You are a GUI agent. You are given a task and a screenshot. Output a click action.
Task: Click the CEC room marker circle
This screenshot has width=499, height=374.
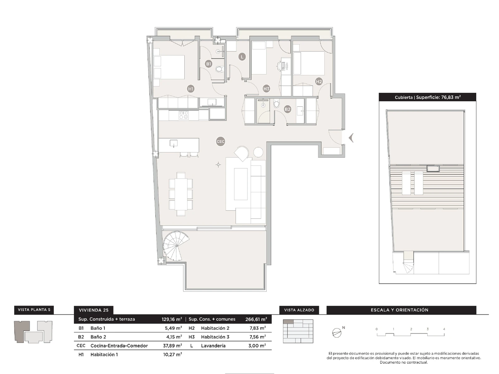click(220, 141)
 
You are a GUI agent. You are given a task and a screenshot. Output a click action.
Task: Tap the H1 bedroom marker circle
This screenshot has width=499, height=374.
click(191, 89)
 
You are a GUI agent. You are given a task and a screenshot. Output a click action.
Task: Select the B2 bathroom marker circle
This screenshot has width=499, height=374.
click(287, 109)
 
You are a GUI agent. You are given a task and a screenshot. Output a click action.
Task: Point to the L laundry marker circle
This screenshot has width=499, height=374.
click(242, 57)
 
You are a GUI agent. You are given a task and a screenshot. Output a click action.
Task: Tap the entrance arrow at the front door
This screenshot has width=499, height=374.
click(351, 138)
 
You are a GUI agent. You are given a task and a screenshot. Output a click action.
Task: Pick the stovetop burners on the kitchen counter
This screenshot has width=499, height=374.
click(184, 115)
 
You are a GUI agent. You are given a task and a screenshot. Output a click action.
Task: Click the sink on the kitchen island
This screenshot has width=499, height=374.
click(173, 143)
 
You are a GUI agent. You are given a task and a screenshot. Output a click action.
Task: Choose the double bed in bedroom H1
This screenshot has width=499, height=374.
click(169, 67)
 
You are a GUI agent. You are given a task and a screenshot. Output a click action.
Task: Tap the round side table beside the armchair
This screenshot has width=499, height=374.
click(259, 152)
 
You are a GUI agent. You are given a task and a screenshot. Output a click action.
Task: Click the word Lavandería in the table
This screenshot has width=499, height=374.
click(213, 346)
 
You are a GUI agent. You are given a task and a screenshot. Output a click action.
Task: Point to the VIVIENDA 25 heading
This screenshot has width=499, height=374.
click(94, 310)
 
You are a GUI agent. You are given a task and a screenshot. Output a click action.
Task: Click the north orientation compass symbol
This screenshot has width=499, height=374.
click(337, 333)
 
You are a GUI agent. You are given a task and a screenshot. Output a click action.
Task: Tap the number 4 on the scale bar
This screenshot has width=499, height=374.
click(444, 329)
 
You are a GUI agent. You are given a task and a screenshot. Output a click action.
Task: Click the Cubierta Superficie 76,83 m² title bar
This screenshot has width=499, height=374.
click(427, 97)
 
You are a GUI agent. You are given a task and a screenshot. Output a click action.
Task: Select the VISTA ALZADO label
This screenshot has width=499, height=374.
click(299, 310)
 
